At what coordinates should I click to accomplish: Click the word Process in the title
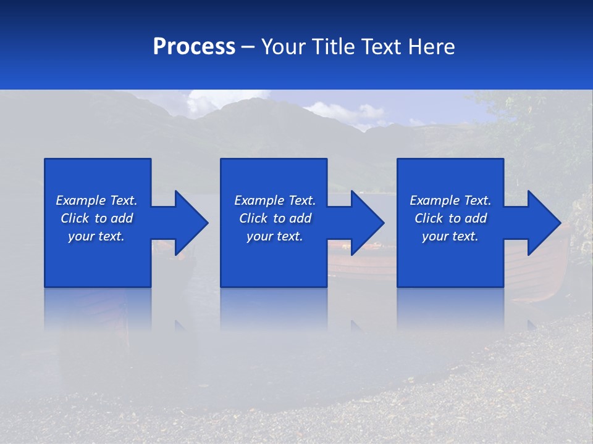point(194,47)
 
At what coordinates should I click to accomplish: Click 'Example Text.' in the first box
point(96,200)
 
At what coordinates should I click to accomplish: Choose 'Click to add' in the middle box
point(275,218)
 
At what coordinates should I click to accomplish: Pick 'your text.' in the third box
point(450,236)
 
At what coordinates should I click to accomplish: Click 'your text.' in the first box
point(96,236)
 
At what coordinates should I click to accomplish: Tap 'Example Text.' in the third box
point(450,200)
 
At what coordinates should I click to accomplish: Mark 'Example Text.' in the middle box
point(275,200)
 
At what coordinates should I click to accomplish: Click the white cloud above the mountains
point(346,111)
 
